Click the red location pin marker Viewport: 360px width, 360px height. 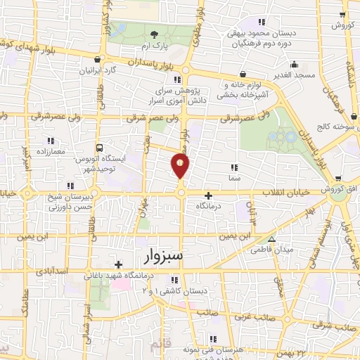click(180, 166)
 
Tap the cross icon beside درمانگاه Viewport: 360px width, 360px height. click(207, 195)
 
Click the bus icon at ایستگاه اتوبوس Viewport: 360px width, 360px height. click(100, 148)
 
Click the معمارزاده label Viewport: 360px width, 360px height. click(49, 150)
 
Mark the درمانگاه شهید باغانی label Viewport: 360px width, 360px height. click(122, 275)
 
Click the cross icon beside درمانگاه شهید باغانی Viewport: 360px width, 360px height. click(118, 264)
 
